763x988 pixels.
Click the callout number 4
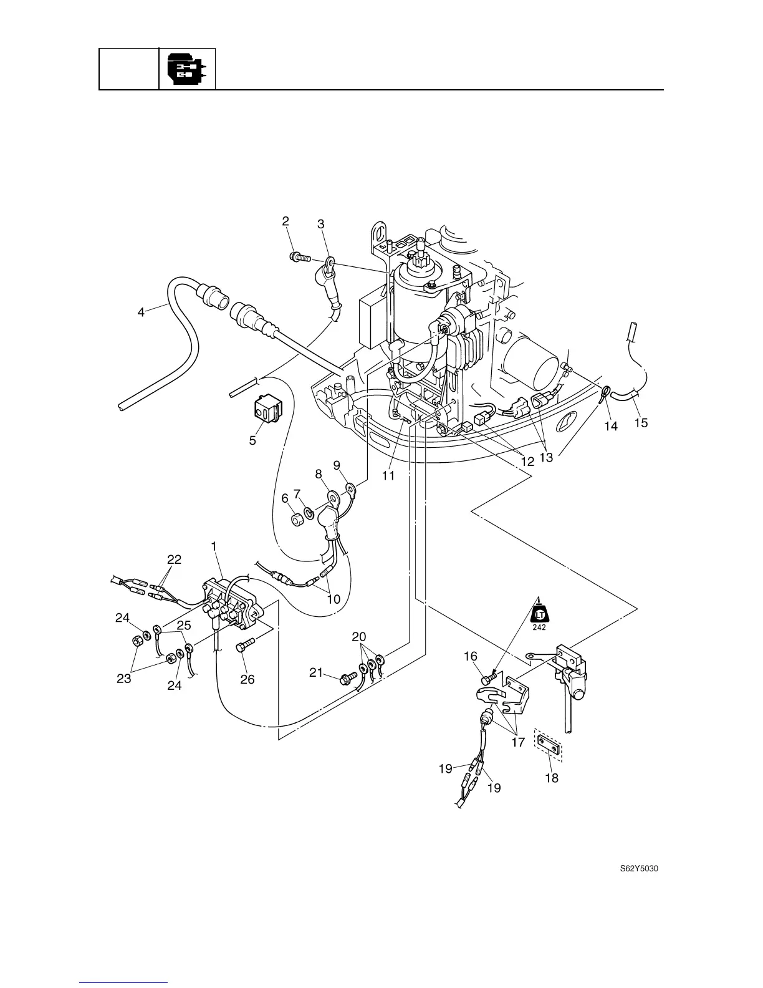(x=142, y=312)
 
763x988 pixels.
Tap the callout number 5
(x=252, y=440)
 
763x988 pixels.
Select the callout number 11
(x=388, y=475)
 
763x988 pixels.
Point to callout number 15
(x=641, y=423)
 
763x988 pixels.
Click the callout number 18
(x=552, y=778)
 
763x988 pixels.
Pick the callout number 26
(x=247, y=679)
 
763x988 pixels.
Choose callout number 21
(x=317, y=672)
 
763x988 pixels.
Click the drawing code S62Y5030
(x=639, y=868)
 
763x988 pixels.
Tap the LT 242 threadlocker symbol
(x=539, y=614)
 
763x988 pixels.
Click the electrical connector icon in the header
(x=187, y=69)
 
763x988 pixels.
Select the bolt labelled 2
(x=300, y=256)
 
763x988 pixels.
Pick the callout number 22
(x=174, y=559)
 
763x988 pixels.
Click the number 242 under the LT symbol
(x=539, y=627)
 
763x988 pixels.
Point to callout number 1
(x=214, y=546)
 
